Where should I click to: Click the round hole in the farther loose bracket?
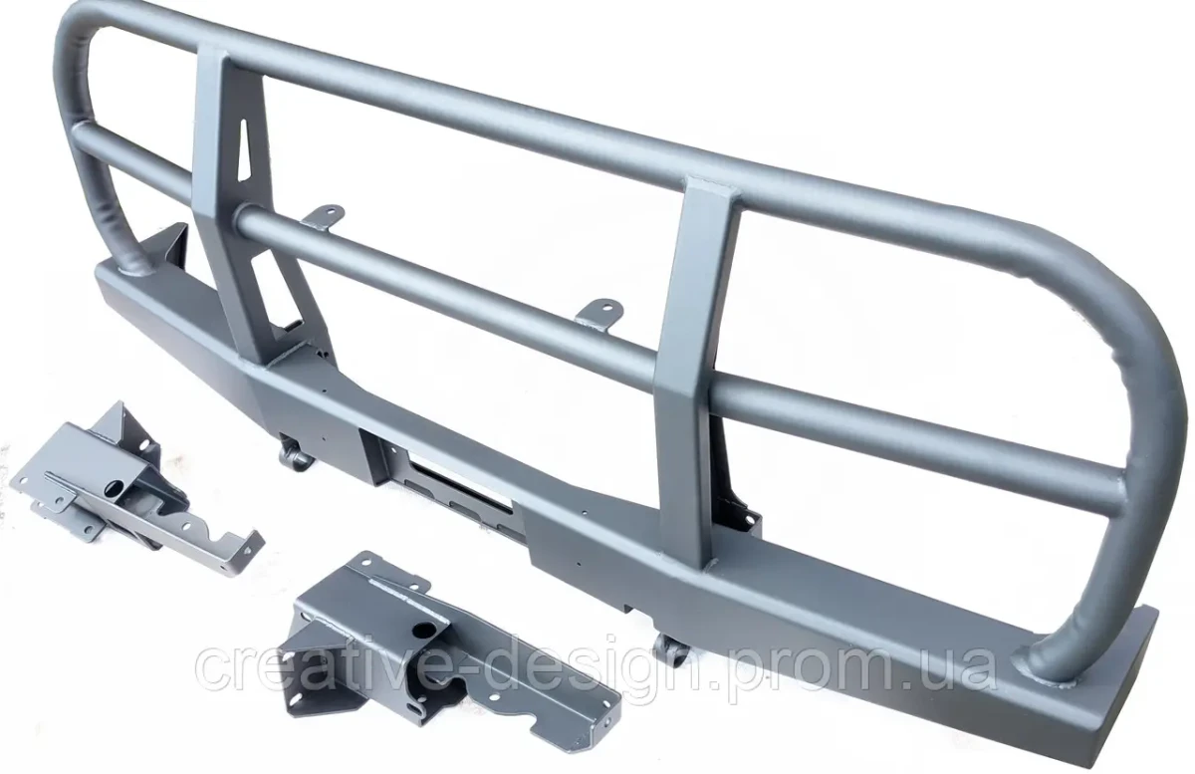(116, 487)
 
